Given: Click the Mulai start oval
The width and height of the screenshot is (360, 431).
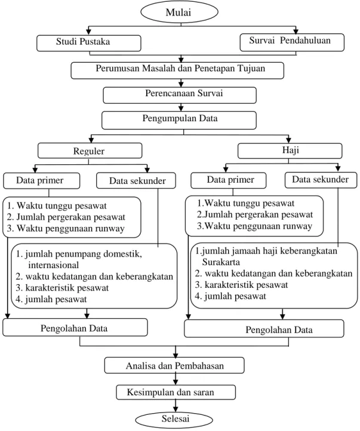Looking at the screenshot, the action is (x=179, y=13).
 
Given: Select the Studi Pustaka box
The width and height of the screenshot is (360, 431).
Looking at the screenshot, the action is (x=89, y=43).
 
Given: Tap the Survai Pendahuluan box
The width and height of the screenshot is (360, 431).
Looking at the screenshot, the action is (x=292, y=42).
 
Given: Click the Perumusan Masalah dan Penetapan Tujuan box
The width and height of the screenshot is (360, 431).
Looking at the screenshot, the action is (x=177, y=70).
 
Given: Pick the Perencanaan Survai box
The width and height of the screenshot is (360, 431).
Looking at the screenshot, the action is (x=180, y=95).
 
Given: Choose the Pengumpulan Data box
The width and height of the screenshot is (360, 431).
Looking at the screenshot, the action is (x=179, y=120).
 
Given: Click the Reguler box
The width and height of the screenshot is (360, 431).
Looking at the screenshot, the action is (x=90, y=150).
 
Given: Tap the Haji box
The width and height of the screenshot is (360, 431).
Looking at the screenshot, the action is (x=290, y=151).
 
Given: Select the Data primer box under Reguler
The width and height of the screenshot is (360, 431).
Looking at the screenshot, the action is (x=42, y=181).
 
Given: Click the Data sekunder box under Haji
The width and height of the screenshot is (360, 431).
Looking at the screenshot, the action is (x=321, y=180).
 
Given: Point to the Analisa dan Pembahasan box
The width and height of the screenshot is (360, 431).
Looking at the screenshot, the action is (x=174, y=365).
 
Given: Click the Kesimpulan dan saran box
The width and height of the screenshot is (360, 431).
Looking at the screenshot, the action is (x=176, y=392).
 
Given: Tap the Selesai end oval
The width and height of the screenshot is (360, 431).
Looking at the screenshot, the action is (x=174, y=420).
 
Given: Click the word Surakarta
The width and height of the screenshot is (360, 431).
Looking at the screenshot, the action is (x=221, y=262).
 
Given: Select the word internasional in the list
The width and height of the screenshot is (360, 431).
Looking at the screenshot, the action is (x=53, y=265).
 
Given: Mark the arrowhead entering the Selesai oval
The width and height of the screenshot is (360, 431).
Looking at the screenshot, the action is (x=176, y=409).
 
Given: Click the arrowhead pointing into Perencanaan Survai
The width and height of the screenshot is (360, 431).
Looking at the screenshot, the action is (x=181, y=84).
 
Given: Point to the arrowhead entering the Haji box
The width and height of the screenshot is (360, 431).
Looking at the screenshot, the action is (x=288, y=140).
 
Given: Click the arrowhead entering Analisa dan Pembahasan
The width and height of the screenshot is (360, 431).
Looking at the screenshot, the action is (x=176, y=355).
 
